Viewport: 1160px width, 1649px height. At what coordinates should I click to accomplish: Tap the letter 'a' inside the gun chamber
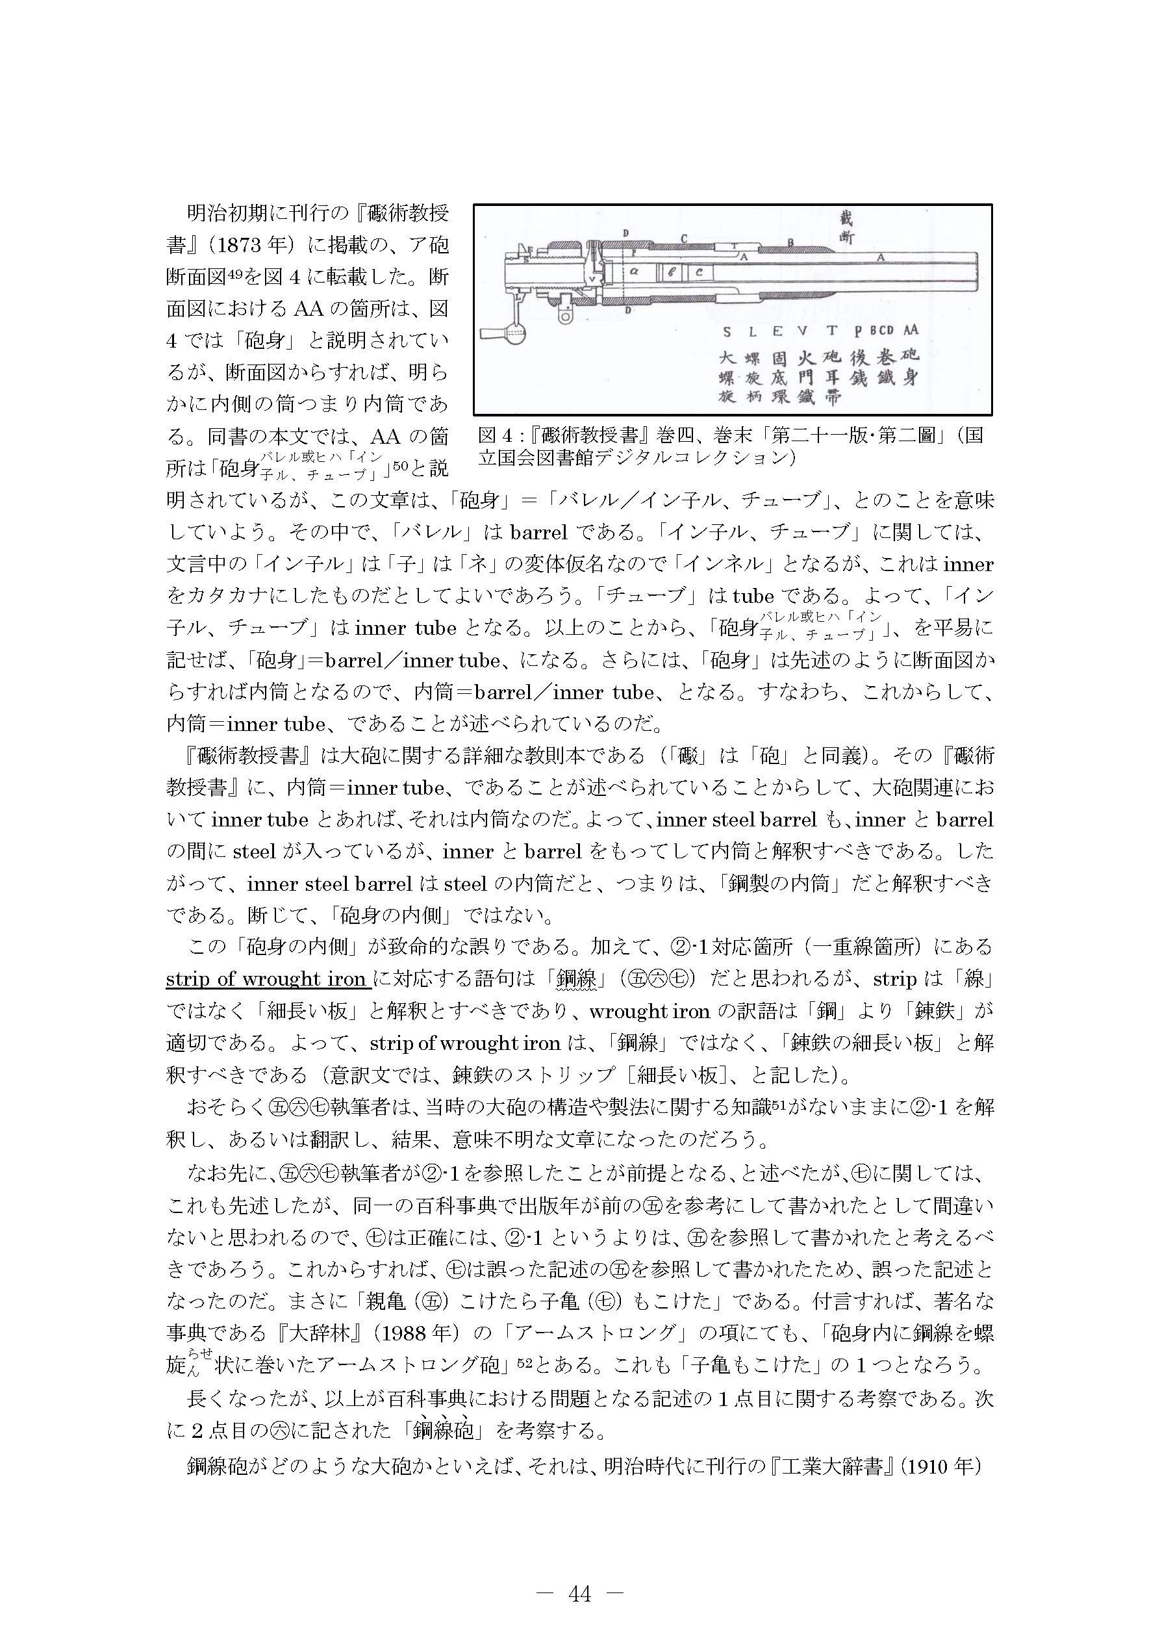[x=634, y=272]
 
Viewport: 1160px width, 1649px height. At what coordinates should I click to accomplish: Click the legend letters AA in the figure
[x=910, y=330]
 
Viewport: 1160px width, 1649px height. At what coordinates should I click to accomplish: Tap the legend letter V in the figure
[x=802, y=331]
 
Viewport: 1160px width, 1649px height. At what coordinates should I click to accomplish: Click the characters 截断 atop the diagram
[x=847, y=227]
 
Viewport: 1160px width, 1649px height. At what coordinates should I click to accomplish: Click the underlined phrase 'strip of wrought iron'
[x=266, y=979]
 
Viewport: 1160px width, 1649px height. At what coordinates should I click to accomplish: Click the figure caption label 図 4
[x=492, y=436]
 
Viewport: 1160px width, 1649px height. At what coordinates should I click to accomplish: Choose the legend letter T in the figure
[x=831, y=331]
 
